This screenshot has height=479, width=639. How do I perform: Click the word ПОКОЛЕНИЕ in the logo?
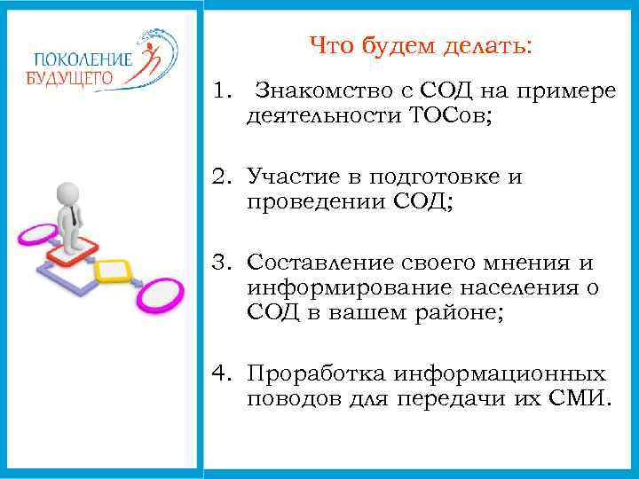81,59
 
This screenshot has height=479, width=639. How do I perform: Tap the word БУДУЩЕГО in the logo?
70,77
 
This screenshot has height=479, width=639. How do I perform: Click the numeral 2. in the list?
222,177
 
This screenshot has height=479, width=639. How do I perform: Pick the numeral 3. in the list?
222,263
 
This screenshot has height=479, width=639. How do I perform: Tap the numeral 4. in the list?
222,373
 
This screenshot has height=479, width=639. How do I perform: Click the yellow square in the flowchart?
111,270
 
